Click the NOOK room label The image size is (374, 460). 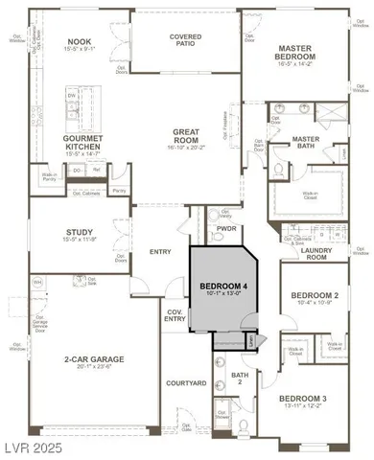click(x=79, y=42)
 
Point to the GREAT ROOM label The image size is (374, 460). click(x=185, y=135)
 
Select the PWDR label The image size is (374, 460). click(x=226, y=230)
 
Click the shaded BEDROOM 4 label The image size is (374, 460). click(x=222, y=287)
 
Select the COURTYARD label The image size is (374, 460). click(x=186, y=383)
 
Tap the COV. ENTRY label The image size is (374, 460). click(x=175, y=316)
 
